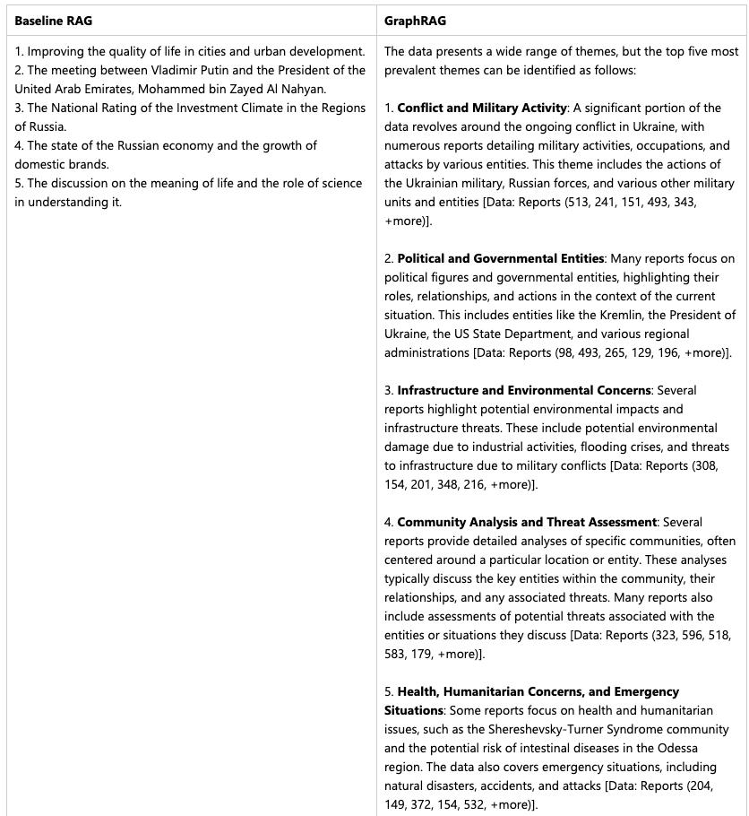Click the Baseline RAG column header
point(53,21)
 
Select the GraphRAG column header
point(415,21)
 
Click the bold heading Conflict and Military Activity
point(482,108)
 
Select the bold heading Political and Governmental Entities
point(501,258)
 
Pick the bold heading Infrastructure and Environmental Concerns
point(524,390)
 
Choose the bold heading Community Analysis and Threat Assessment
point(527,522)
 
